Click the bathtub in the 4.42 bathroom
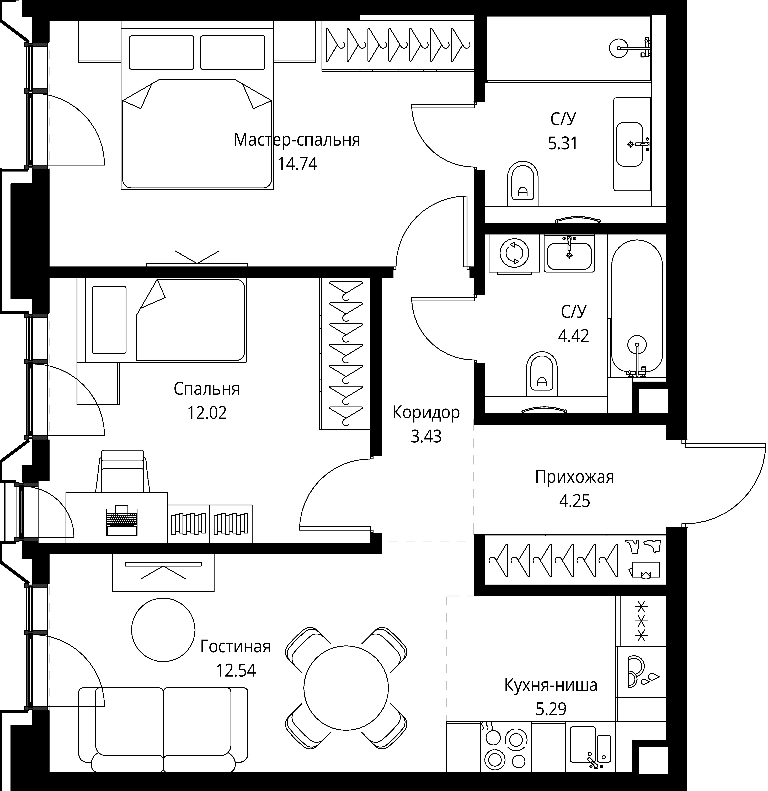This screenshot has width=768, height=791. [x=637, y=309]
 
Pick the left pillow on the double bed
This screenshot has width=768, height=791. [x=161, y=52]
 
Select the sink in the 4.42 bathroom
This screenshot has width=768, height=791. [x=569, y=253]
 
